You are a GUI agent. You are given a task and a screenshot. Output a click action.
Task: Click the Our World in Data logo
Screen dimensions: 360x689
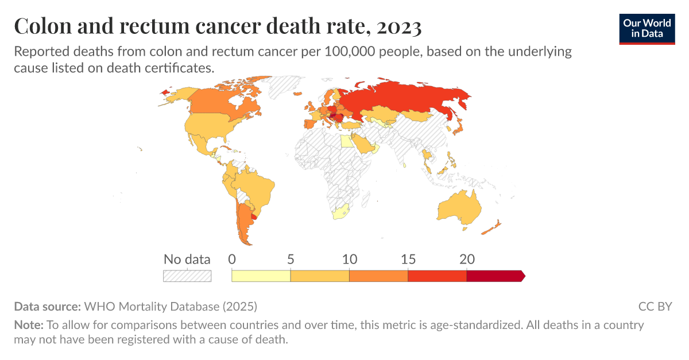point(647,28)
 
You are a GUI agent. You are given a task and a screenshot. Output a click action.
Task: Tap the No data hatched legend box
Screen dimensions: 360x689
point(187,276)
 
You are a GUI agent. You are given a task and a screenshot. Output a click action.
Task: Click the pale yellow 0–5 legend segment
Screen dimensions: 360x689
point(261,276)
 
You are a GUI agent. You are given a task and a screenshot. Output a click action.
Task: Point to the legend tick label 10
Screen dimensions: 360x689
point(349,259)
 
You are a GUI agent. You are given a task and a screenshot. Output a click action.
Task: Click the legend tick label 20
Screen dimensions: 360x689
point(467,259)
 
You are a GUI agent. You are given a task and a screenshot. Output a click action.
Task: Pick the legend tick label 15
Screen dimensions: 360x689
point(408,259)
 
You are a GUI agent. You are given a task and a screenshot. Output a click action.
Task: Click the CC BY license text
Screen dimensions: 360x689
point(655,306)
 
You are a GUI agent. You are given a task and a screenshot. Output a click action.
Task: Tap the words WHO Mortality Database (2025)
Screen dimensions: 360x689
point(171,306)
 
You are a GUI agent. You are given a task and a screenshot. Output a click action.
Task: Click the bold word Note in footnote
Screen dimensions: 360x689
point(28,325)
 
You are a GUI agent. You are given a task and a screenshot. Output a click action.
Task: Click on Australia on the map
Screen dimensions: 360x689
point(458,207)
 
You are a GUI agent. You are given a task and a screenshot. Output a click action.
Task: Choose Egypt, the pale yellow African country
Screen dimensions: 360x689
point(346,141)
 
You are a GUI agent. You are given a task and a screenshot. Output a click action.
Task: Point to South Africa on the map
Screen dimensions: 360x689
point(341,212)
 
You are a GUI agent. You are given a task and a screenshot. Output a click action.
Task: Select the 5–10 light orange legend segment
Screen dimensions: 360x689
point(320,276)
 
